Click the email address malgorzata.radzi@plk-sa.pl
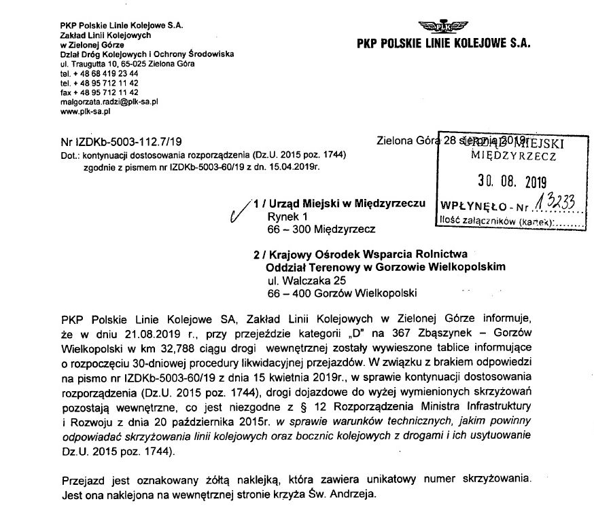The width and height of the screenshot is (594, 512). [109, 102]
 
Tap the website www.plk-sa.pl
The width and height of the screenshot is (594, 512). [84, 111]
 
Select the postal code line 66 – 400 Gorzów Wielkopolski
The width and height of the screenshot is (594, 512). [341, 293]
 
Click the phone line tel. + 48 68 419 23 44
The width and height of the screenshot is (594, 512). [99, 73]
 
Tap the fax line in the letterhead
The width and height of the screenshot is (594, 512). [99, 92]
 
